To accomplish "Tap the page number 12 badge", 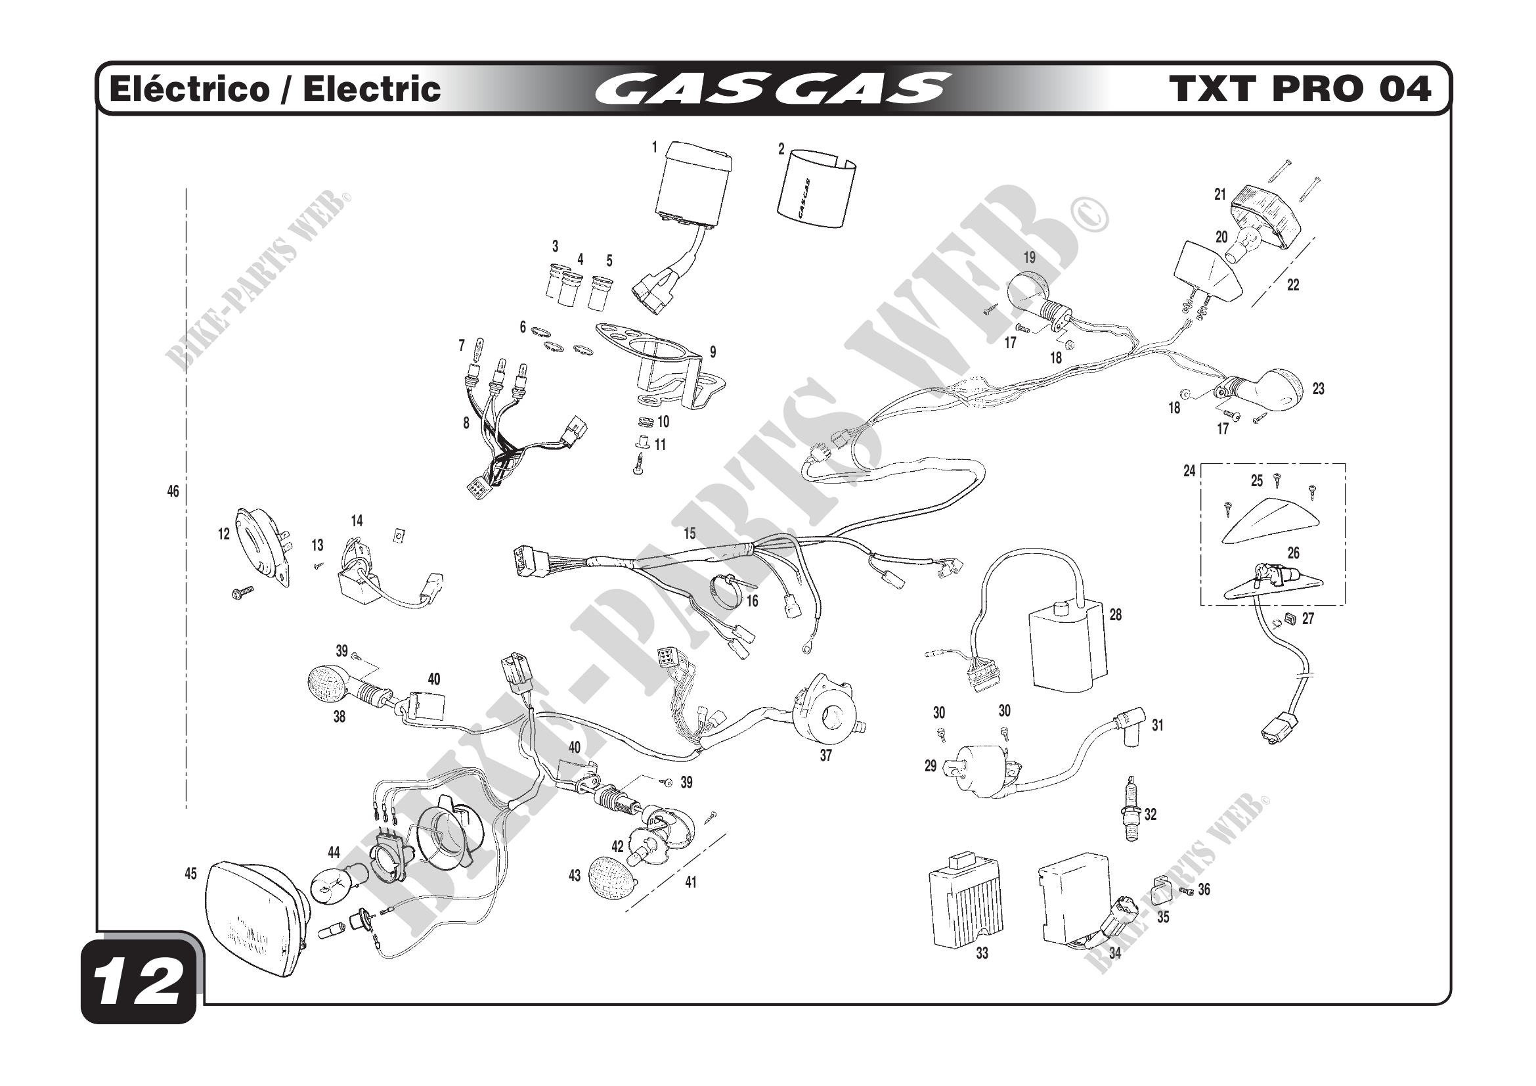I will tap(139, 982).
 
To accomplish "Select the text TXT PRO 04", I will tap(1300, 89).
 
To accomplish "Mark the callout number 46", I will tap(173, 491).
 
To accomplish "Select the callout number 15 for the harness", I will tap(689, 533).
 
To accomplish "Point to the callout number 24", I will tap(1189, 471).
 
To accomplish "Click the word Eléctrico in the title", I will tap(188, 89).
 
